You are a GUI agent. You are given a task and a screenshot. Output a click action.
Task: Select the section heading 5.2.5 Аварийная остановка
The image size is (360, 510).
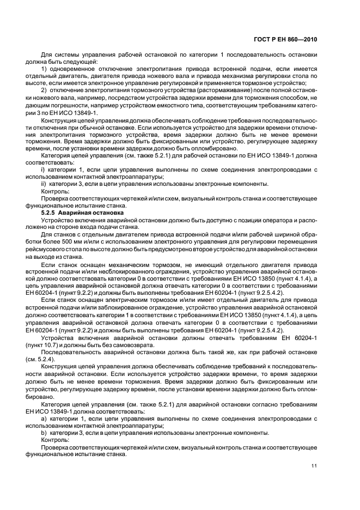point(78,212)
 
